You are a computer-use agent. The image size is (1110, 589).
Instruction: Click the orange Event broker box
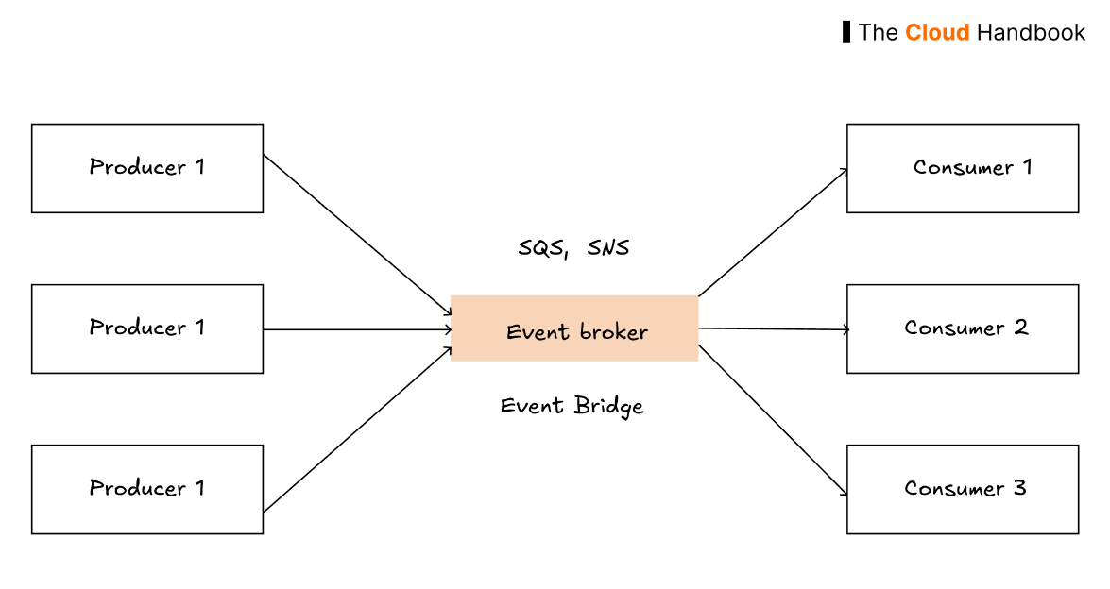pos(574,328)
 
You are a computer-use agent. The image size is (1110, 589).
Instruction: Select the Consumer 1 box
pos(962,168)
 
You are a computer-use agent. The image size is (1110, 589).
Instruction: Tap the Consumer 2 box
pos(962,328)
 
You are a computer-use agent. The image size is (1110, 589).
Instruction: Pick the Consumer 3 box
pos(962,489)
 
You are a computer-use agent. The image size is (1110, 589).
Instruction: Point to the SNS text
pos(607,248)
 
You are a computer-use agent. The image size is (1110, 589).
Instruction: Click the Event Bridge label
pos(572,406)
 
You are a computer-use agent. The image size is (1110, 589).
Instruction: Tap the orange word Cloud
pos(937,33)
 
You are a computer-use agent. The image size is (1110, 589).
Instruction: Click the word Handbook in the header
pos(1031,33)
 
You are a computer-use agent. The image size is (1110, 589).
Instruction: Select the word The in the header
pos(878,33)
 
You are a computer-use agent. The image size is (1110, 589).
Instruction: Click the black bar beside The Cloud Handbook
pos(846,32)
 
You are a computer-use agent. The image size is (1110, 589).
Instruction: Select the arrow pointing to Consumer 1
pos(773,233)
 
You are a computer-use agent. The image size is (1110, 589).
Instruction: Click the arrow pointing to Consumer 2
pos(775,329)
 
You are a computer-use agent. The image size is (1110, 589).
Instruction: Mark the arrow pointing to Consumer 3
pos(773,420)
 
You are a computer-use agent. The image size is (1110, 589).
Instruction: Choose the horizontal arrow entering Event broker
pos(357,329)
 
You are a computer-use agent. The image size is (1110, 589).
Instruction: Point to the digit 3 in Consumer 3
pos(1019,488)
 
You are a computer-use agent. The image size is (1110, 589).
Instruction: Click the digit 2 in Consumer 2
pos(1021,328)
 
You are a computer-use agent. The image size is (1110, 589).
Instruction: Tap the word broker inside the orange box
pos(614,332)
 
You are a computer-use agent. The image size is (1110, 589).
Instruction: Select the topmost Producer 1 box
pos(147,168)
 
